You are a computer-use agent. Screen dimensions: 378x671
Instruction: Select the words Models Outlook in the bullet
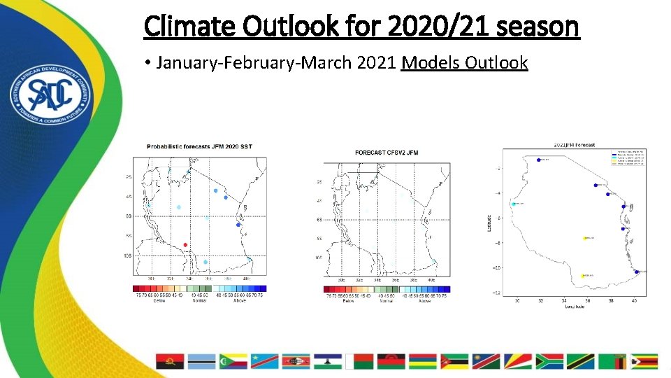pos(464,63)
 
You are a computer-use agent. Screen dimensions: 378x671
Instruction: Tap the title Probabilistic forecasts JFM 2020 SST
pos(199,146)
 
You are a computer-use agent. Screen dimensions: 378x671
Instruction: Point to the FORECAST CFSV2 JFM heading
pos(387,152)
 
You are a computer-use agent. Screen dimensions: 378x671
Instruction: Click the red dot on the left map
pos(185,244)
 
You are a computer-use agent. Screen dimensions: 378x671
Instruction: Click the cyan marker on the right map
pos(514,204)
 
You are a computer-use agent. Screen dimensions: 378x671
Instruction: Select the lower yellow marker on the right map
pos(583,275)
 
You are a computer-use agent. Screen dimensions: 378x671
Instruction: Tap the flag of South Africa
pos(549,361)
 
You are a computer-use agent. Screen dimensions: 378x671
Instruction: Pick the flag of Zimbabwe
pos(644,361)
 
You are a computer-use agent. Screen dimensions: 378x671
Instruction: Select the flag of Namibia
pos(486,361)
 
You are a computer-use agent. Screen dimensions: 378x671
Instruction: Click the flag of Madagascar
pos(361,361)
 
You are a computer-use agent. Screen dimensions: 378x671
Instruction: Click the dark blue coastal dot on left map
pos(238,225)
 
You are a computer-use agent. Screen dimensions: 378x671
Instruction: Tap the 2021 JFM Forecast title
pos(575,145)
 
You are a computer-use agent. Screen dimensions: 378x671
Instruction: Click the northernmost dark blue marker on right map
pos(538,160)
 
